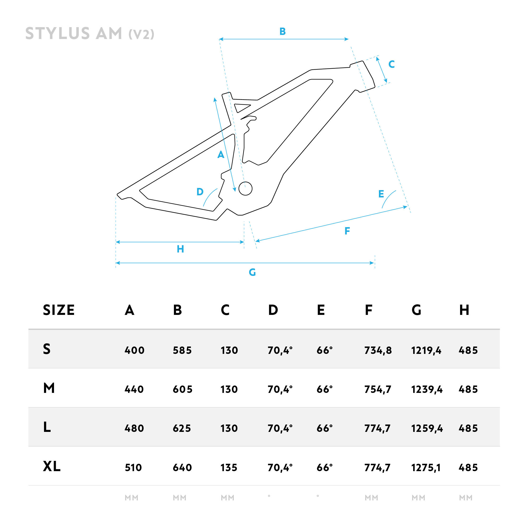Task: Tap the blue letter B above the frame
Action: click(x=282, y=31)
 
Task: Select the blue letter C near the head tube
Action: click(x=392, y=64)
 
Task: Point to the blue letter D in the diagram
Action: click(x=200, y=192)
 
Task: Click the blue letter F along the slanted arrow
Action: click(x=347, y=231)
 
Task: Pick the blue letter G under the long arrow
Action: click(x=252, y=272)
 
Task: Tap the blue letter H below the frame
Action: click(x=180, y=249)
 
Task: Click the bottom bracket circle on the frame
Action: click(x=246, y=188)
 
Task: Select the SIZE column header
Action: click(x=59, y=310)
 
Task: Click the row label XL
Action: click(x=52, y=466)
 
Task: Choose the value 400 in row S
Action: click(x=134, y=350)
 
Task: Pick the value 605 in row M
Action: click(x=183, y=389)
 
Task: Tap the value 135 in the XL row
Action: click(x=229, y=467)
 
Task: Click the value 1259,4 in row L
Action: click(x=427, y=428)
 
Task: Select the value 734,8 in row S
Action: click(x=378, y=350)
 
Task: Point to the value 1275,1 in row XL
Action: click(x=426, y=467)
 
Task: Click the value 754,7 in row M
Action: click(x=378, y=389)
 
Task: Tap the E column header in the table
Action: click(x=321, y=310)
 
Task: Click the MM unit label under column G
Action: click(x=418, y=498)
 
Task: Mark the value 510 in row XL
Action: click(x=133, y=467)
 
